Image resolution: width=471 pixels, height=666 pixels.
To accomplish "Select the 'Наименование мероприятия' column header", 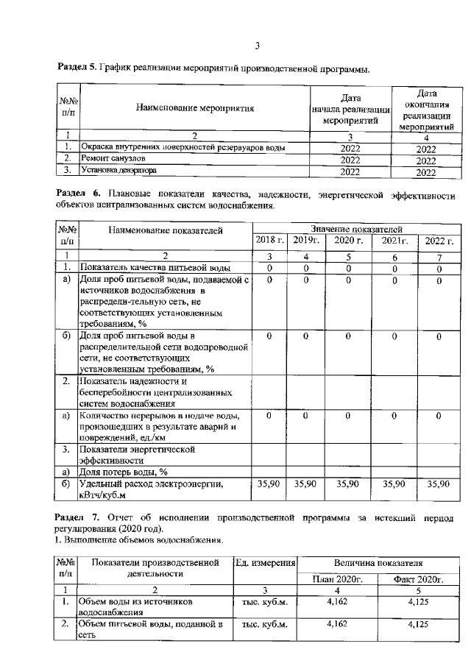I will tap(195, 108).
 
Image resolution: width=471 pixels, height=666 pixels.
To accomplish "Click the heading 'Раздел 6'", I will tap(77, 194).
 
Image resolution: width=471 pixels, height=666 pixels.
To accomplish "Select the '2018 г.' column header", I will tap(270, 241).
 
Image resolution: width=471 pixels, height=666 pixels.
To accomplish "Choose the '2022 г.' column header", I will tap(439, 241).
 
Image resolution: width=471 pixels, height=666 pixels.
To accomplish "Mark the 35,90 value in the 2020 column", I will tap(350, 484).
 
